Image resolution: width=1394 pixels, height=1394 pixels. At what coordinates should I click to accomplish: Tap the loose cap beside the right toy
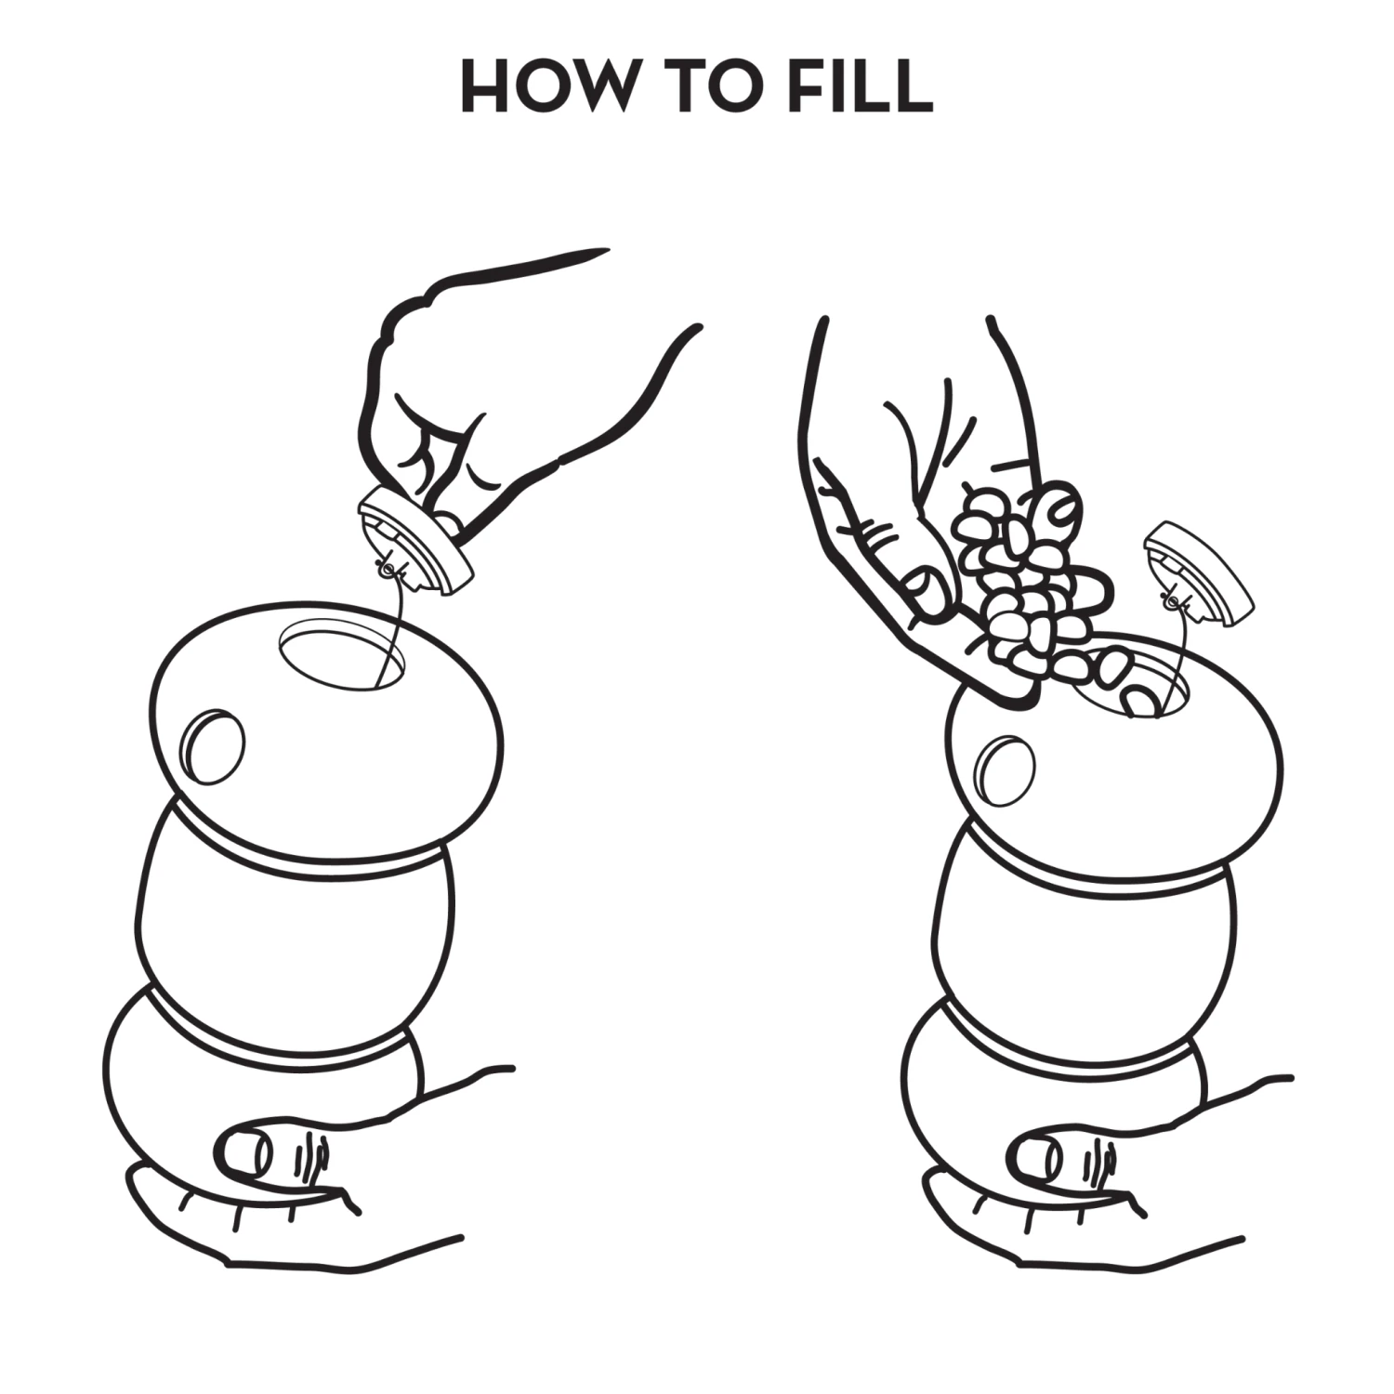pos(1198,571)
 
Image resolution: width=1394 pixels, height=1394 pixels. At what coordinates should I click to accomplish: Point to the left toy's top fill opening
pos(342,658)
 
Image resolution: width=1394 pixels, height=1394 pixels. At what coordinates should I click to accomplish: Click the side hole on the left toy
pos(215,745)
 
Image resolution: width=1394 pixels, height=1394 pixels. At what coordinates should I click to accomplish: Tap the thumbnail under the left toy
pos(244,1154)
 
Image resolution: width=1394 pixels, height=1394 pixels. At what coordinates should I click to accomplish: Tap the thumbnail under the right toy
pos(1039,1156)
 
